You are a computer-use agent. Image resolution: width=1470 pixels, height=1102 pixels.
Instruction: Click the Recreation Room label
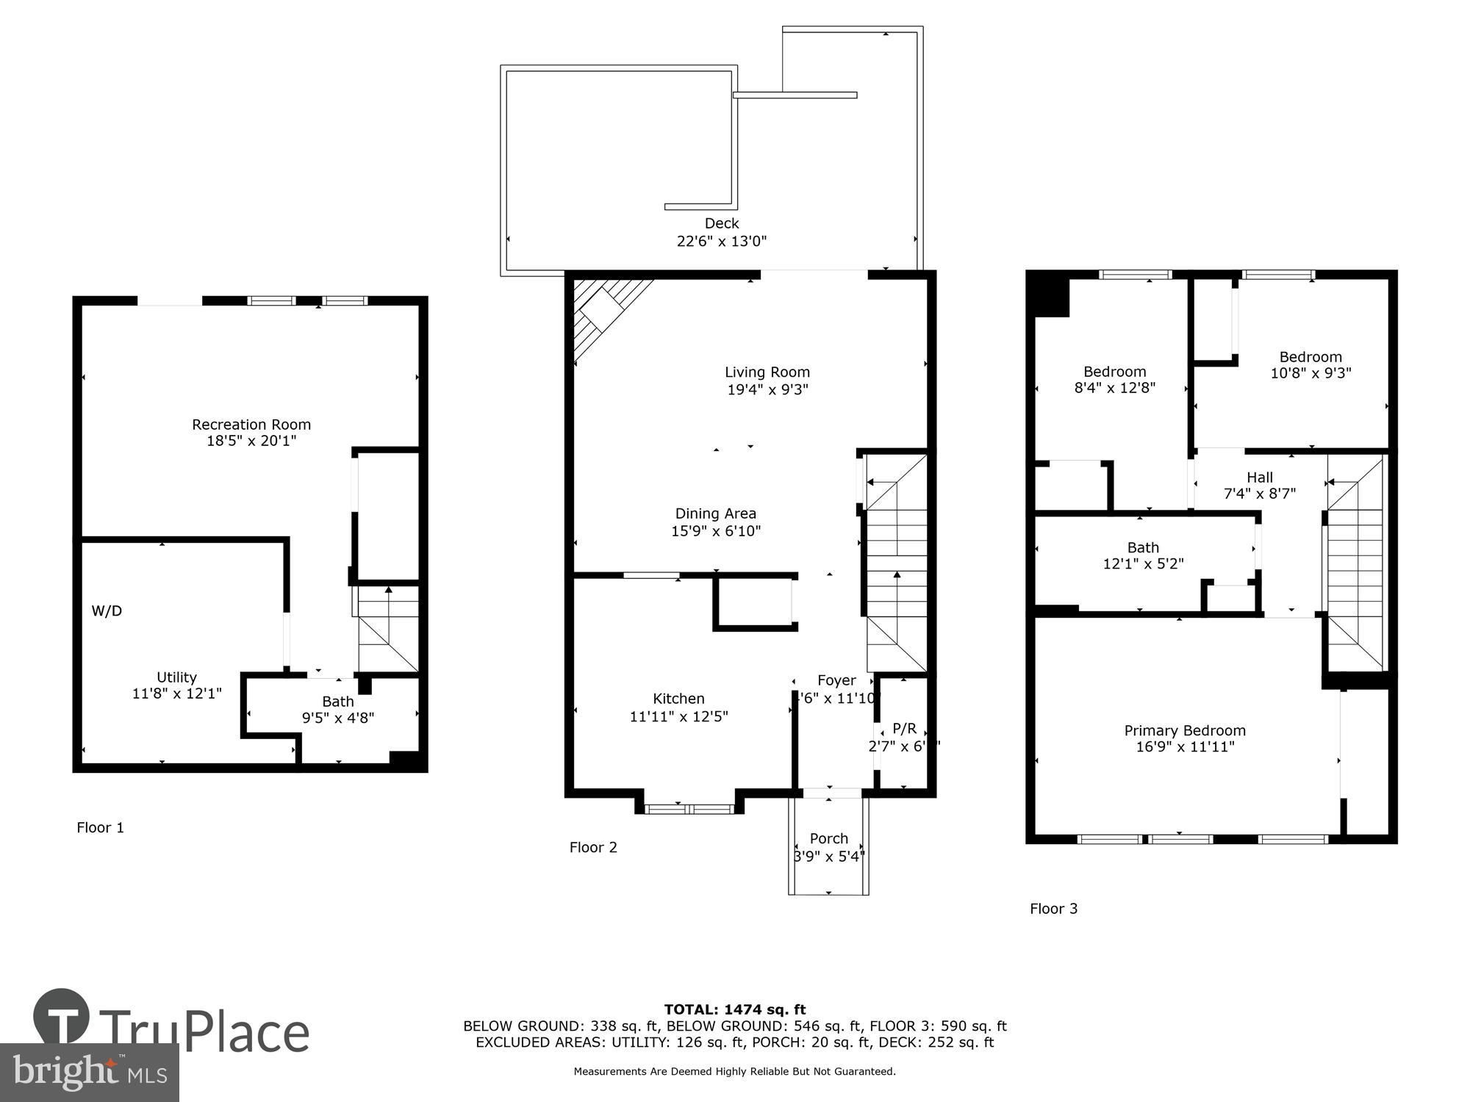click(251, 425)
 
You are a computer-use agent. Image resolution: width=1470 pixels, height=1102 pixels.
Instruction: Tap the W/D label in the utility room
click(107, 611)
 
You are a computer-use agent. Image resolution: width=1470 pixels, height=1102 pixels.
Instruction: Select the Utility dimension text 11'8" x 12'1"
click(176, 694)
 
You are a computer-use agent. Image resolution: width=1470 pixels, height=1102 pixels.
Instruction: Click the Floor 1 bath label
click(337, 702)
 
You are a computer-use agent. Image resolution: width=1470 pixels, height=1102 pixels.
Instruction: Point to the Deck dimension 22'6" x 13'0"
click(721, 241)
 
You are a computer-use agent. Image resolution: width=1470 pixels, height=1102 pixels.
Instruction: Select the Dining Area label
click(715, 514)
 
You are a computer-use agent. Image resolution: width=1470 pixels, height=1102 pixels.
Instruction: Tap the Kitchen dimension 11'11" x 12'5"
click(678, 716)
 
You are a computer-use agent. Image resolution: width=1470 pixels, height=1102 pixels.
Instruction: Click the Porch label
click(828, 838)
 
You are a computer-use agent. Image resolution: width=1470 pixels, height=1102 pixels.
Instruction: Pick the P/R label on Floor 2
click(904, 728)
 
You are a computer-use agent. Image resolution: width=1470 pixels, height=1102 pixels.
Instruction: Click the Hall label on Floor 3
click(1259, 478)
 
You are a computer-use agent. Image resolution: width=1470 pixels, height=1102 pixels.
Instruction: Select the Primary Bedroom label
click(1184, 730)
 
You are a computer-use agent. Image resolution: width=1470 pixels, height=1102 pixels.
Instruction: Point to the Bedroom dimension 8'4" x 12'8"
click(1114, 388)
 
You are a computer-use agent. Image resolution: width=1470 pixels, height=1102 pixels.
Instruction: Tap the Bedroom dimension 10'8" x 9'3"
click(1311, 373)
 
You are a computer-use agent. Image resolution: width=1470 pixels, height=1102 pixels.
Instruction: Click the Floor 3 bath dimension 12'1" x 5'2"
click(1143, 563)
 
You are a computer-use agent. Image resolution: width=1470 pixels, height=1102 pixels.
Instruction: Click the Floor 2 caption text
click(592, 847)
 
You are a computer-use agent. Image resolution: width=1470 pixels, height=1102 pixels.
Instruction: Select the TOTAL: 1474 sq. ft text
click(734, 1009)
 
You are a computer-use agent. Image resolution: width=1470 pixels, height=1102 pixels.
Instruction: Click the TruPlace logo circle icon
click(62, 1017)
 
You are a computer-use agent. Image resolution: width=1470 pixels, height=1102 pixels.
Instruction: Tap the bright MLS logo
click(89, 1073)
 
